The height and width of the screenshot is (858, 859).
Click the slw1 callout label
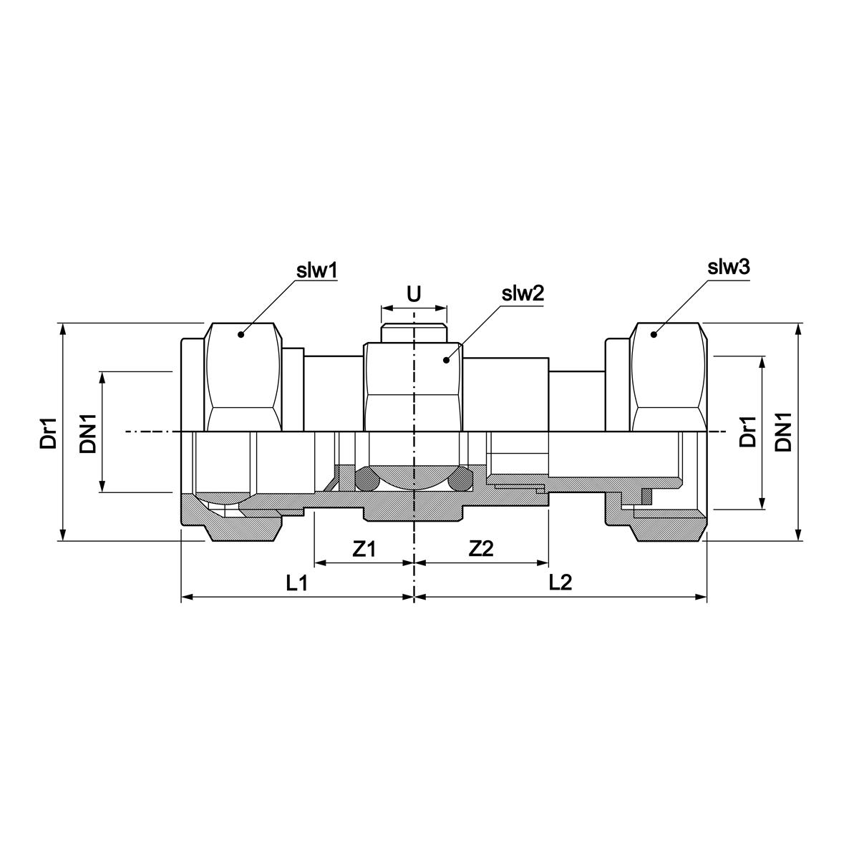click(x=316, y=271)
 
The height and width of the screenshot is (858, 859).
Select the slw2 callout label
click(x=523, y=293)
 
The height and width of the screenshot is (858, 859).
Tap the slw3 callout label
click(x=728, y=268)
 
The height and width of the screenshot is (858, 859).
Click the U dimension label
click(x=413, y=294)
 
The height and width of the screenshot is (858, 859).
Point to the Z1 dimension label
click(x=364, y=549)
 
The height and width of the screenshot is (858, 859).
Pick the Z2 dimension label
click(x=481, y=549)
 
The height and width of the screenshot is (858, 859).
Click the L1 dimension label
click(x=296, y=582)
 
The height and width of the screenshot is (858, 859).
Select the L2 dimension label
click(x=560, y=582)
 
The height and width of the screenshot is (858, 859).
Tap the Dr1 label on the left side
click(x=47, y=432)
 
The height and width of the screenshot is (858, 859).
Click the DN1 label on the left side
click(x=87, y=432)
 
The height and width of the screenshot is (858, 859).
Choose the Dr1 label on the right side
click(x=747, y=432)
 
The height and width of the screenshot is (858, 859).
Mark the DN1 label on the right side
click(x=784, y=432)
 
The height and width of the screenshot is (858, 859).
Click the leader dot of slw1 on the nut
click(x=241, y=334)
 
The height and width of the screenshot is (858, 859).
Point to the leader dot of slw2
click(x=446, y=359)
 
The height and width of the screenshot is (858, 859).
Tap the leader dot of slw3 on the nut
click(x=654, y=334)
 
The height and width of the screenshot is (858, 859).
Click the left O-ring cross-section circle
click(x=369, y=480)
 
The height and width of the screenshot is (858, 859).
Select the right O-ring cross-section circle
click(x=459, y=480)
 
